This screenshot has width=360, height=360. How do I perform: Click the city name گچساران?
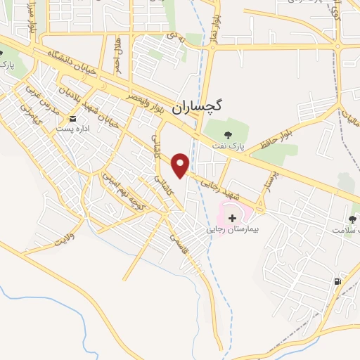pyautogui.click(x=200, y=107)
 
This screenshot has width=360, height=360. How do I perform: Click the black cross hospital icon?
pyautogui.click(x=233, y=219)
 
